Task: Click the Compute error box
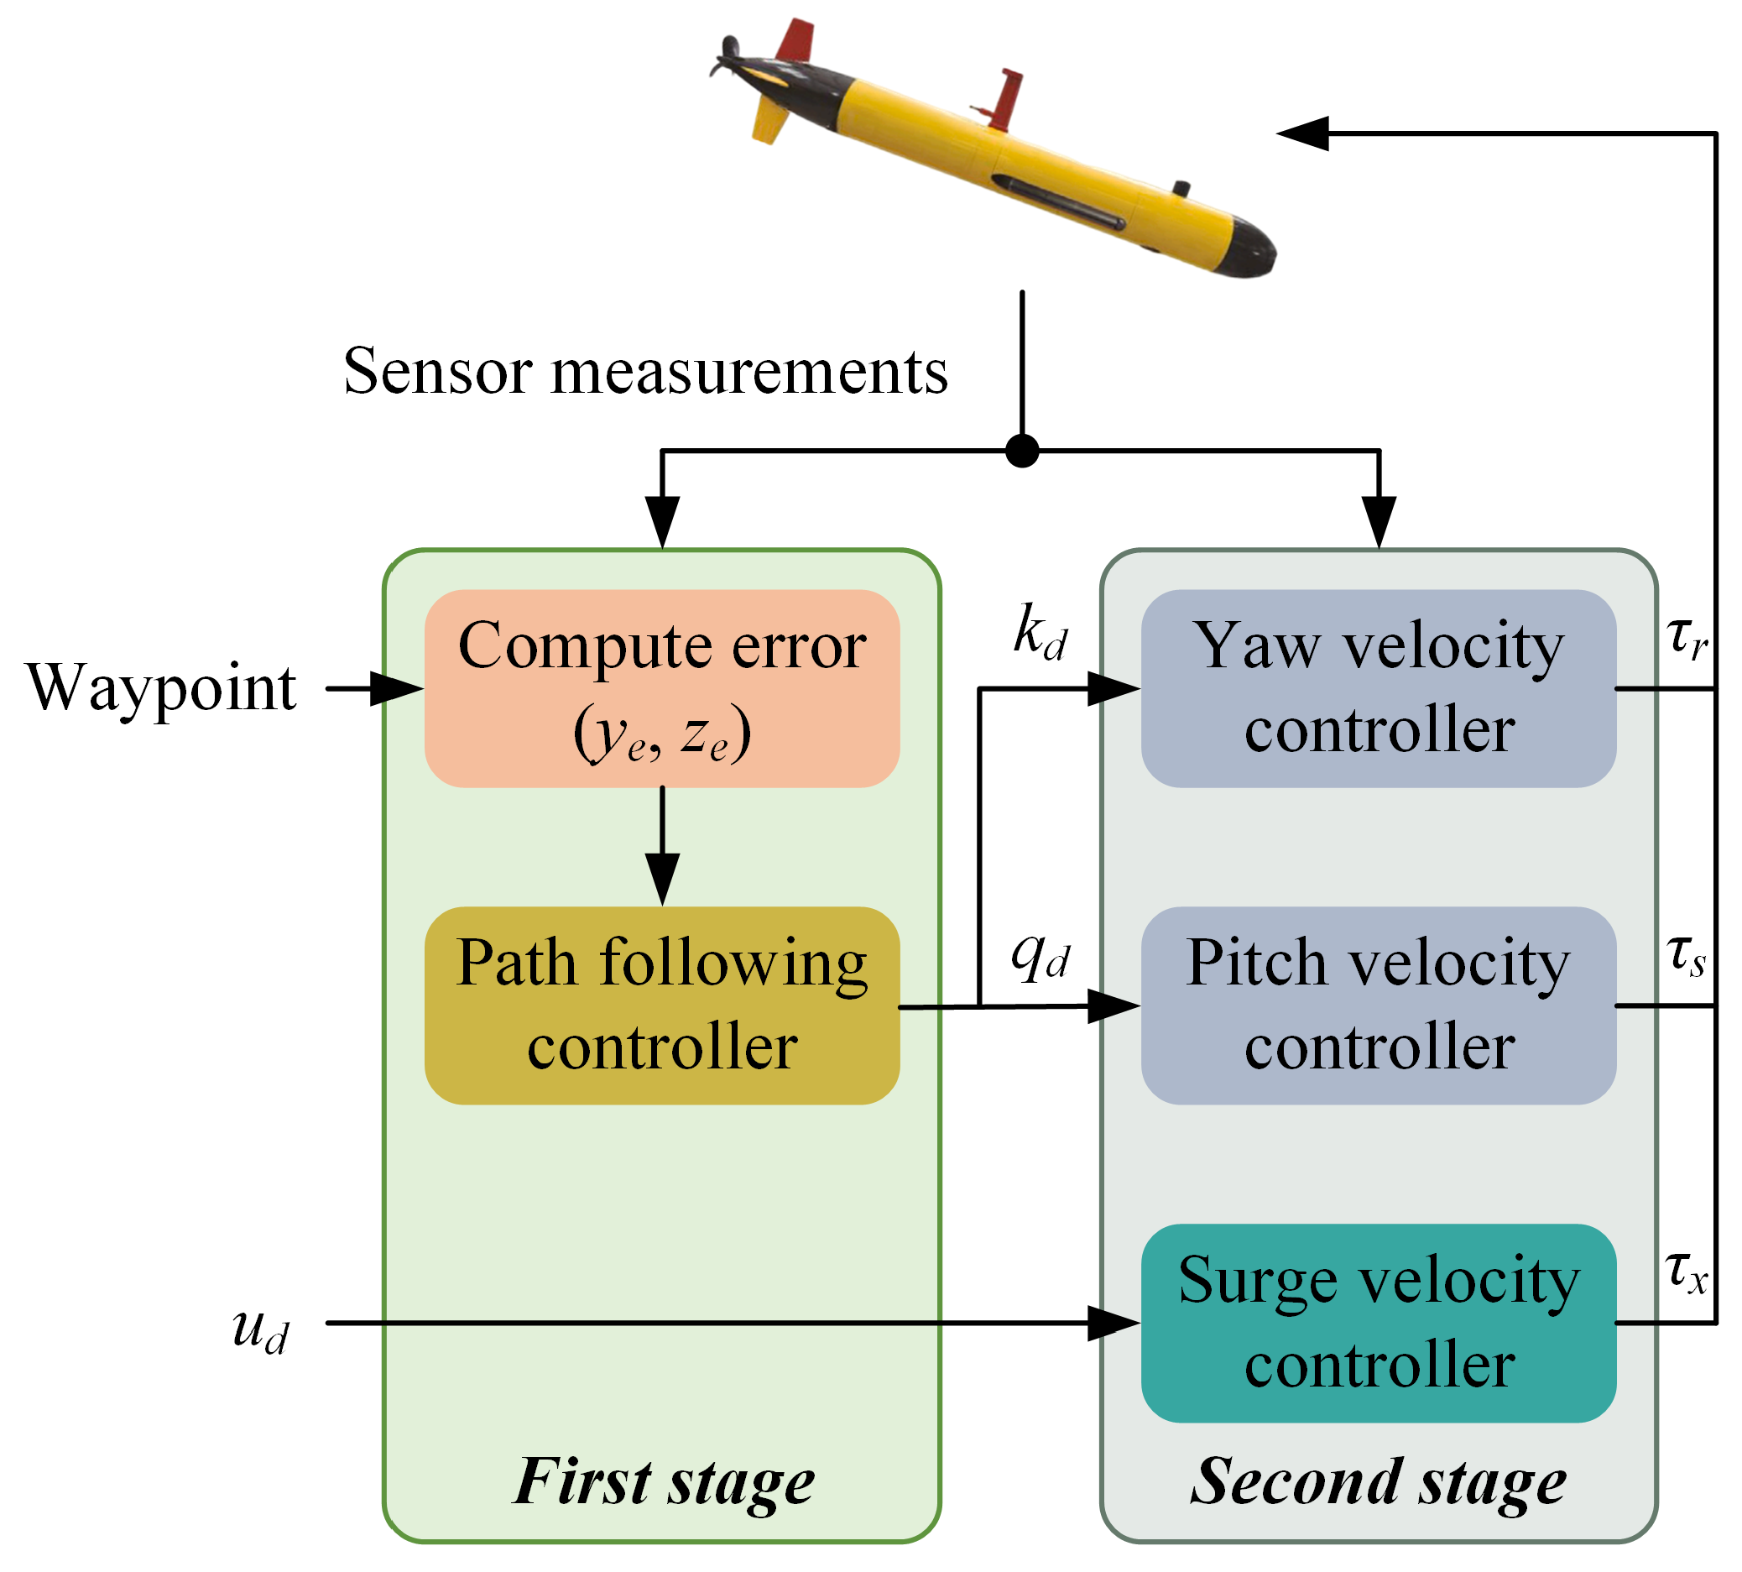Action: coord(661,688)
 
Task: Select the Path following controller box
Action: coord(661,1005)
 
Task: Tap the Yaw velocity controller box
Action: coord(1379,688)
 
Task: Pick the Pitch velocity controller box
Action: coord(1379,1005)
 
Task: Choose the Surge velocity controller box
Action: coord(1379,1323)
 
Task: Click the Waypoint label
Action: coord(161,689)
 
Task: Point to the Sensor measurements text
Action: coord(645,372)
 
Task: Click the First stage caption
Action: coord(663,1482)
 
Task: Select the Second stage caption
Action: coord(1379,1482)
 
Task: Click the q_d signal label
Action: coord(1041,958)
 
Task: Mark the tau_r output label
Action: coord(1687,640)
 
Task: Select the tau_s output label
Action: coord(1686,957)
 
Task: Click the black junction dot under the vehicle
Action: coord(1022,451)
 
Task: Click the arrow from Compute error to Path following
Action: coord(662,846)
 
